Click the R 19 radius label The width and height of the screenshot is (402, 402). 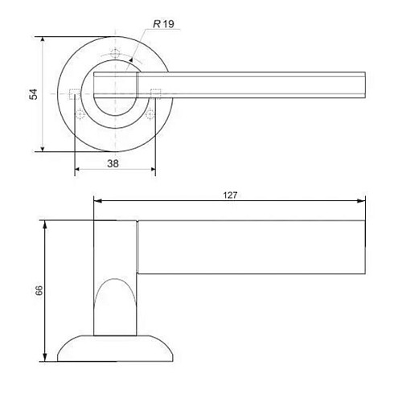[x=163, y=24]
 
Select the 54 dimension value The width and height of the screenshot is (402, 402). [x=34, y=94]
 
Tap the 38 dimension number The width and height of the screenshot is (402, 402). [x=113, y=163]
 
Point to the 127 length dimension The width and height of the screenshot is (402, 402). [x=230, y=195]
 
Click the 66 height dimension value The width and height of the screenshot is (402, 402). [x=39, y=290]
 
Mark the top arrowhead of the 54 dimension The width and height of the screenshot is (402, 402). [x=43, y=40]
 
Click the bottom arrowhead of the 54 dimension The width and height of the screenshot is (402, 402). [x=43, y=148]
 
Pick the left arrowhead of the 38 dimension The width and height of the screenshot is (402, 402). [x=78, y=169]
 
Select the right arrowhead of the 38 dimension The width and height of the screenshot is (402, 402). [x=152, y=169]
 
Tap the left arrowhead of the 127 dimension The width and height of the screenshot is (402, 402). [x=98, y=201]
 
